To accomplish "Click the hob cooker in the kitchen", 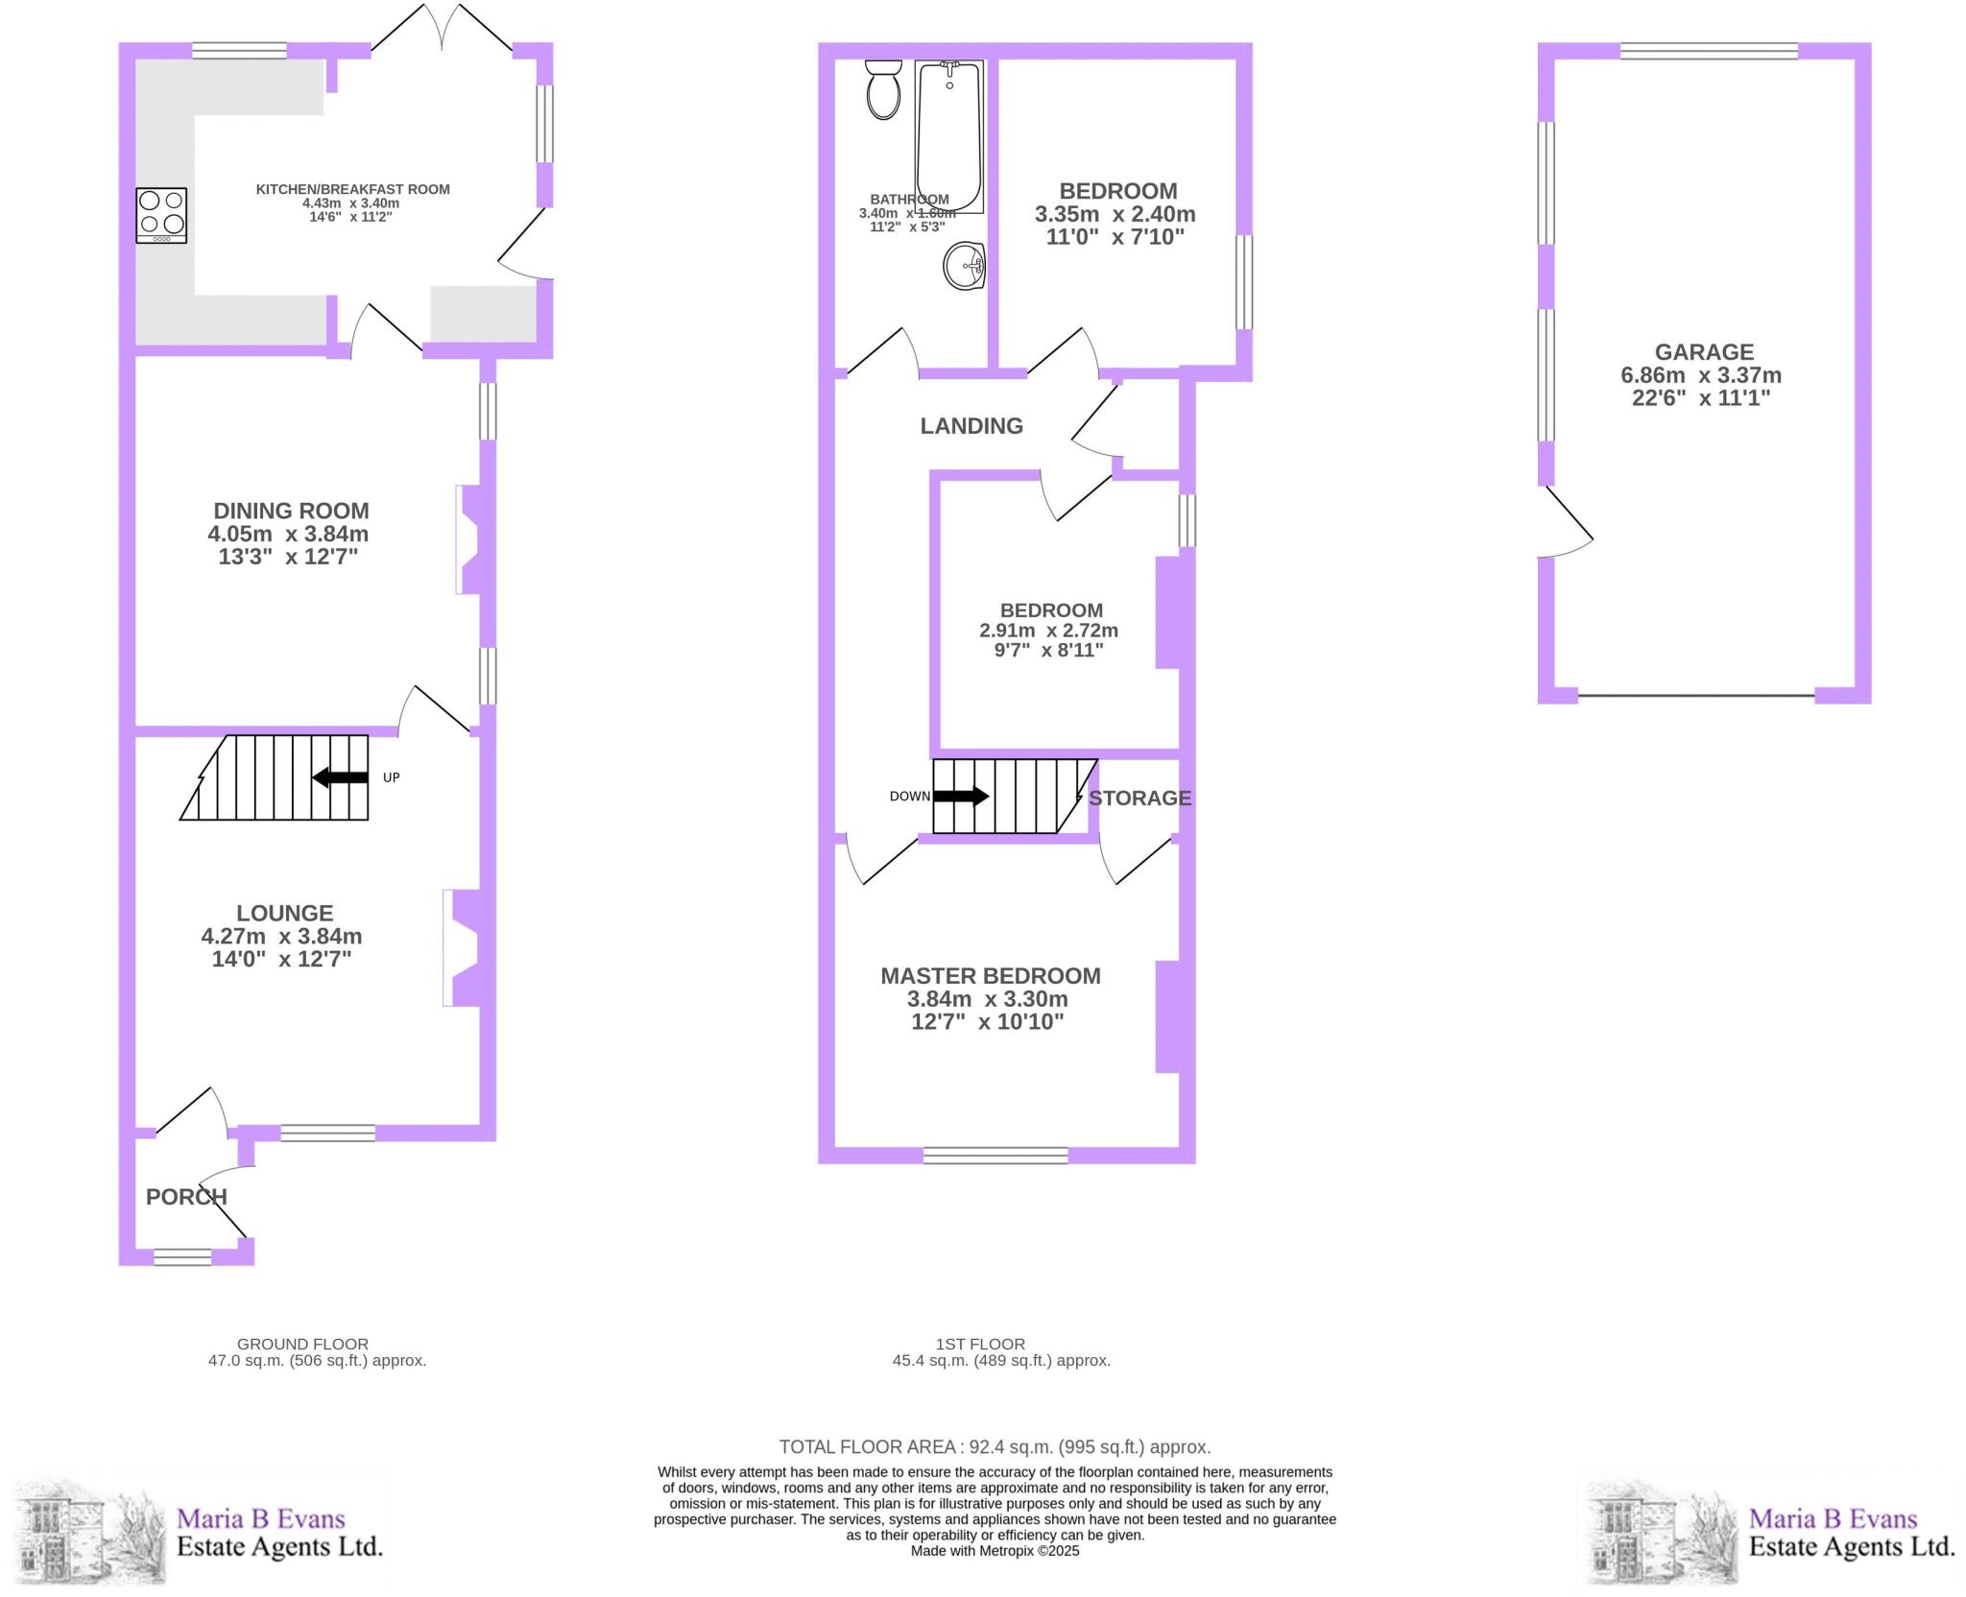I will click(161, 215).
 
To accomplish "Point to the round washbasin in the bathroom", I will click(965, 265).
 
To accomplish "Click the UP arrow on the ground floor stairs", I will click(341, 777).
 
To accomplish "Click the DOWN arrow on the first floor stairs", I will click(961, 796).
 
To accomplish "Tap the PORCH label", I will click(186, 1197).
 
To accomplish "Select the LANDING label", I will click(971, 426).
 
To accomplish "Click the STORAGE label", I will click(1139, 798).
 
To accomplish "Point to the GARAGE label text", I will click(1704, 352).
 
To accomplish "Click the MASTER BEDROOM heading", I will click(991, 976).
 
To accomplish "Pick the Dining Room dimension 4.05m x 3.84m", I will click(288, 535).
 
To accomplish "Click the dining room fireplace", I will click(473, 539).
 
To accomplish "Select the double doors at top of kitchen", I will click(442, 29).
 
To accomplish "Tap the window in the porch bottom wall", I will click(182, 1256).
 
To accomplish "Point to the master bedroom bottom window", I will click(995, 1156).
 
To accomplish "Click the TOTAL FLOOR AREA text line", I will click(995, 1447).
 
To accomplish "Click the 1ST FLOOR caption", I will click(980, 1345).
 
